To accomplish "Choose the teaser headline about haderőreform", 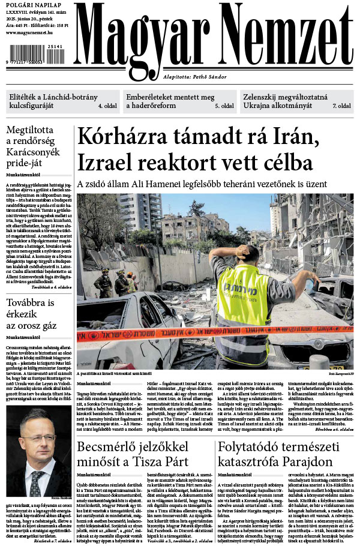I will pos(170,100).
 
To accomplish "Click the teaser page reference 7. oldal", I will pos(341,106).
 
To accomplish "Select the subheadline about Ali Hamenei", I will pos(202,184).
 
